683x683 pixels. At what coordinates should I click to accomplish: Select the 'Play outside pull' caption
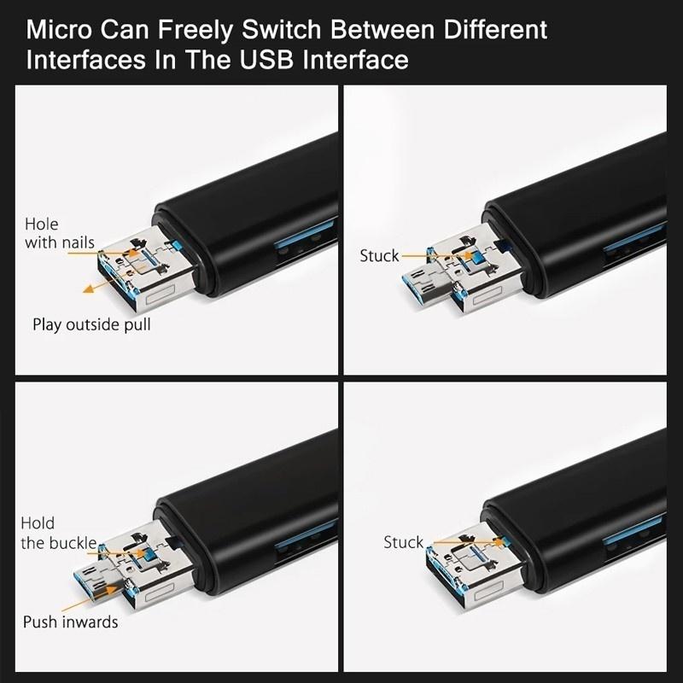(x=91, y=324)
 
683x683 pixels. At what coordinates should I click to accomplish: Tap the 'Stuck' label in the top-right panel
(x=379, y=256)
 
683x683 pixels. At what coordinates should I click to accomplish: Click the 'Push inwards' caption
(x=70, y=622)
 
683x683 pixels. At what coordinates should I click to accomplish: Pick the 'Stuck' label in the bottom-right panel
(x=403, y=542)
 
